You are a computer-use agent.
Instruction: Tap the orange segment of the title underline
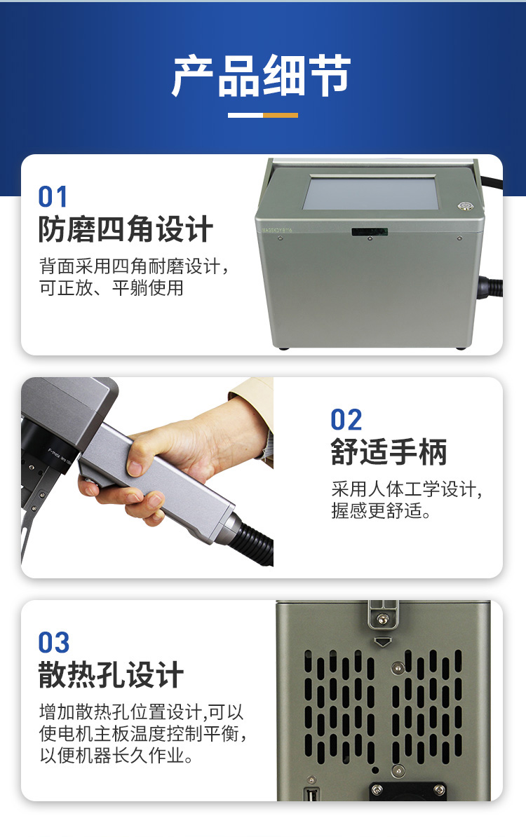[281, 115]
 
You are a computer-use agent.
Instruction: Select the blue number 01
[53, 197]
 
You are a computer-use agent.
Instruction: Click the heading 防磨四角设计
[126, 229]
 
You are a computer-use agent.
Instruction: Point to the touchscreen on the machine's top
[370, 193]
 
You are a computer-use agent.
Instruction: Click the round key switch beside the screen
[464, 205]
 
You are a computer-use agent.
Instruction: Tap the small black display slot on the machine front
[370, 231]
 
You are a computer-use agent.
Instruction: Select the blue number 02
[346, 420]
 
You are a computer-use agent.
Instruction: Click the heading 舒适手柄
[389, 452]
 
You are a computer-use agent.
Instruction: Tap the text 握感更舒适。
[381, 511]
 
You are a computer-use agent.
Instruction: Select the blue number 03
[54, 643]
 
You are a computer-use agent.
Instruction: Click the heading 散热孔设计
[111, 675]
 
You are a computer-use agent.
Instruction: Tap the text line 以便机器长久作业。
[116, 755]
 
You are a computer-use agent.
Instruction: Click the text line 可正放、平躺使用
[111, 288]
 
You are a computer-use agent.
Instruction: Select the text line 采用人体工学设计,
[406, 489]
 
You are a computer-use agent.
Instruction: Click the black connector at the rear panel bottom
[408, 791]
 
